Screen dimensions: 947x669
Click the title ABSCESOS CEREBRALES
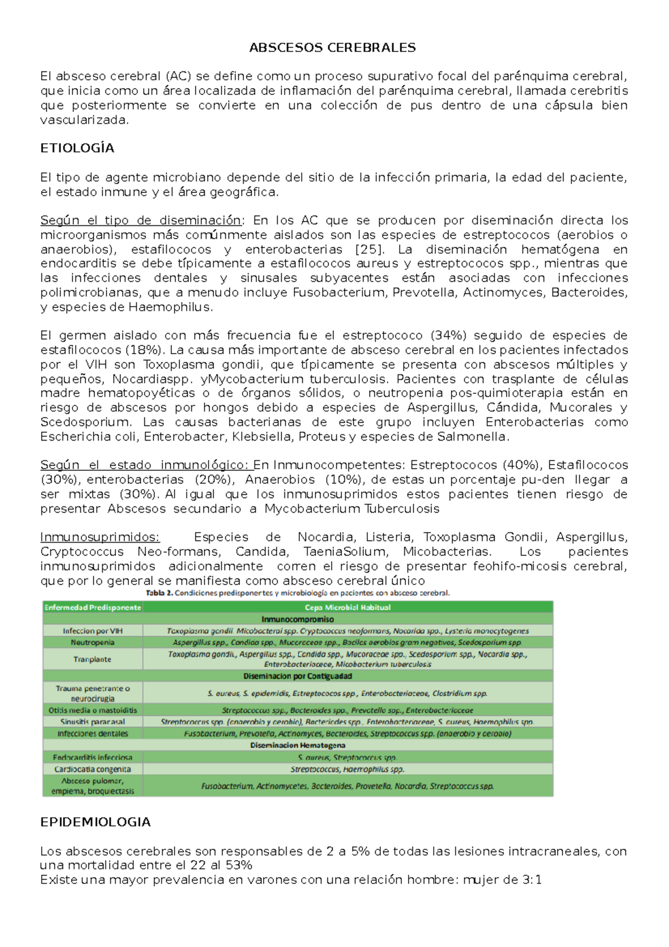(x=332, y=48)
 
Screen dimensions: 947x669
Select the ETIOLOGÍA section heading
(x=77, y=148)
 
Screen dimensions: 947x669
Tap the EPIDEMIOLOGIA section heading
(x=95, y=822)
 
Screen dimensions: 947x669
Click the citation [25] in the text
(x=368, y=249)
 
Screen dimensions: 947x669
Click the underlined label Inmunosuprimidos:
(x=100, y=538)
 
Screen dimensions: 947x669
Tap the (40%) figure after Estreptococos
(x=521, y=465)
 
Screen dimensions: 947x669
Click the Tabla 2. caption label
(x=159, y=593)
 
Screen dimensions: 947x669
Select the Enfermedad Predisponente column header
(x=93, y=607)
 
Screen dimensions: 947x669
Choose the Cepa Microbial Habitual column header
(x=348, y=607)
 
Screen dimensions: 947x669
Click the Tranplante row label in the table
(x=93, y=659)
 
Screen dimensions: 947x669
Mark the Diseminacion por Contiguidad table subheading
(x=298, y=676)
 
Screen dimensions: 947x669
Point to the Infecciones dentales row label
(x=93, y=734)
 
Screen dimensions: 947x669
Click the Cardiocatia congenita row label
(x=93, y=769)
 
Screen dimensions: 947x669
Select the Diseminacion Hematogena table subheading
(x=298, y=745)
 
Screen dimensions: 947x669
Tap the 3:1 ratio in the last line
(x=532, y=880)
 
